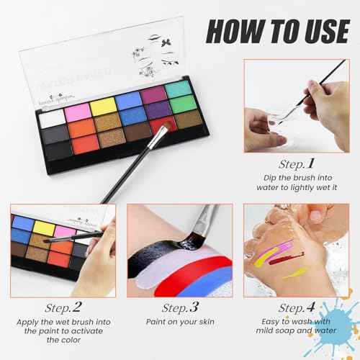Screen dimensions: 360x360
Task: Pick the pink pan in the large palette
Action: pyautogui.click(x=77, y=112)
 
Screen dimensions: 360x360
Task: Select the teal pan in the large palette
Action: pyautogui.click(x=177, y=89)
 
